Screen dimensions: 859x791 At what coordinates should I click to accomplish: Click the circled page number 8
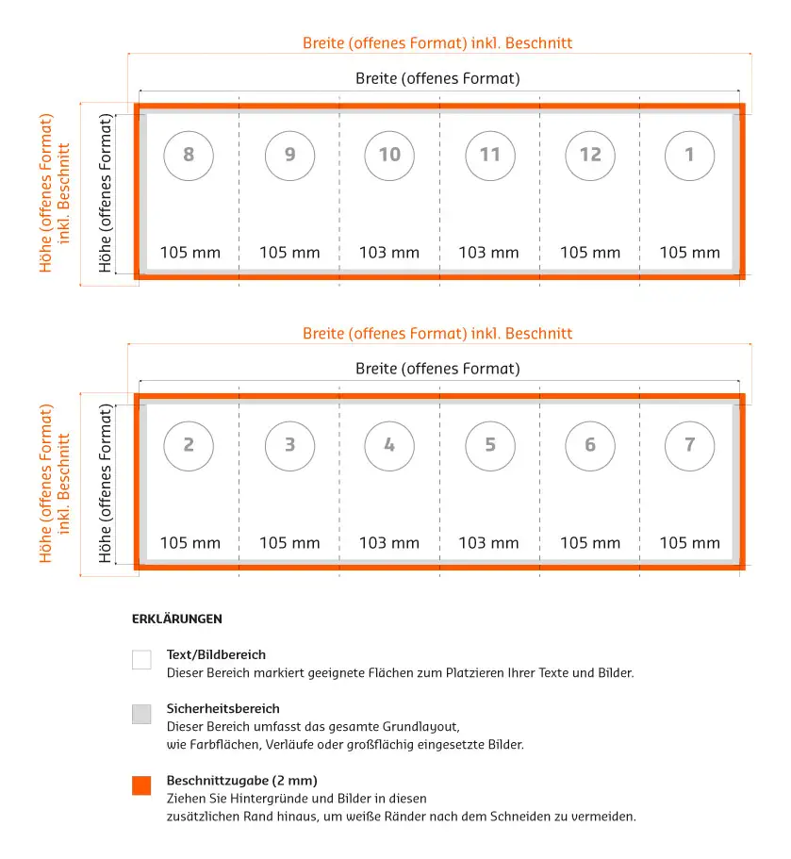[x=189, y=155]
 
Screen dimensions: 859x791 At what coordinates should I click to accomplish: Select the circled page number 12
[x=590, y=155]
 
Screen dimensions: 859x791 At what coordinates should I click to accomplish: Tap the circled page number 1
[x=689, y=155]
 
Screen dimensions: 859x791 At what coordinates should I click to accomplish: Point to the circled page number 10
[x=389, y=155]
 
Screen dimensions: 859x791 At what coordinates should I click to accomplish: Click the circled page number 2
[x=189, y=445]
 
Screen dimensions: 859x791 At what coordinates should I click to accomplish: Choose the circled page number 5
[x=490, y=445]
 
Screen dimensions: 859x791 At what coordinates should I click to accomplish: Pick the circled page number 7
[x=689, y=445]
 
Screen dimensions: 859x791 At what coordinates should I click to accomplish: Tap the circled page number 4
[x=389, y=445]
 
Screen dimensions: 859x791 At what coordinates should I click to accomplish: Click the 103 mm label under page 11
[x=488, y=253]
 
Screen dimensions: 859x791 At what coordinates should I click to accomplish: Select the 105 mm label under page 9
[x=289, y=253]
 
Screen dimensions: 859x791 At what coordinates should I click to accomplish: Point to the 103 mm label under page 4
[x=389, y=543]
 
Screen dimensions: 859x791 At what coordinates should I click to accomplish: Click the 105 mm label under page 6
[x=590, y=543]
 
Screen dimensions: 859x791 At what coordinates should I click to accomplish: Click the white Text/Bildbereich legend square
[x=141, y=660]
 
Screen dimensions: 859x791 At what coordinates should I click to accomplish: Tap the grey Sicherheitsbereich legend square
[x=141, y=714]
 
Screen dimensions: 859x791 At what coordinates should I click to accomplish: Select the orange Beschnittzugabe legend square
[x=141, y=785]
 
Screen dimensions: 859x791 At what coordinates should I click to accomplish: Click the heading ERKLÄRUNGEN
[x=177, y=619]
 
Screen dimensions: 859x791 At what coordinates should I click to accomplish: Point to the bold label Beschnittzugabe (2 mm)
[x=241, y=781]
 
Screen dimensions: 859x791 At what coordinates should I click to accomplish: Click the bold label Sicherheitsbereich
[x=222, y=708]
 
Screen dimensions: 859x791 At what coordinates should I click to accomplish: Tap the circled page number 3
[x=289, y=445]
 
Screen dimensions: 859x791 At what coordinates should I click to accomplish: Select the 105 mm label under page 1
[x=689, y=253]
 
